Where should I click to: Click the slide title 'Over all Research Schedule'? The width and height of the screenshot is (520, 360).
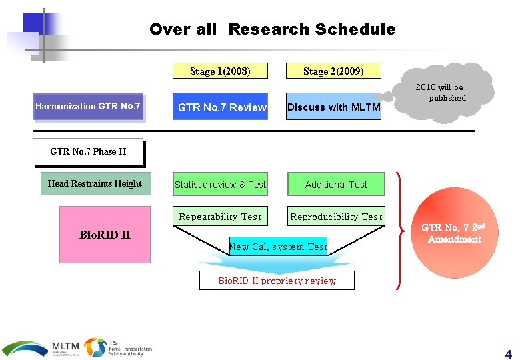click(x=272, y=29)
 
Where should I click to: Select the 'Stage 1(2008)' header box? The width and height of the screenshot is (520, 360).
click(x=220, y=71)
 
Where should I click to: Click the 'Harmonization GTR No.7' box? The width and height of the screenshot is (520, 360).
click(x=89, y=107)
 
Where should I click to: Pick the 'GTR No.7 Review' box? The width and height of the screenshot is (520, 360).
click(x=221, y=107)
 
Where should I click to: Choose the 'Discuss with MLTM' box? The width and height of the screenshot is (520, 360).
click(x=333, y=107)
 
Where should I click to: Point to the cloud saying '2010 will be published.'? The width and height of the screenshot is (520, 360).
click(x=441, y=92)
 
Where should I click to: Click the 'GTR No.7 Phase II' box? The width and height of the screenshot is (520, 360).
click(x=88, y=151)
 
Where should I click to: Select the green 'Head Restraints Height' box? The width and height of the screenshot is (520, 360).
click(x=95, y=183)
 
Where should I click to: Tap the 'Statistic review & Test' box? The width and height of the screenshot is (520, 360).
click(x=220, y=185)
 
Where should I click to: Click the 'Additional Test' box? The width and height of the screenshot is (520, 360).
click(x=336, y=185)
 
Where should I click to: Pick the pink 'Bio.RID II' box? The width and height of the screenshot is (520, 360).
click(x=105, y=234)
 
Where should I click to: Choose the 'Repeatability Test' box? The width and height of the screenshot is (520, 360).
click(x=220, y=217)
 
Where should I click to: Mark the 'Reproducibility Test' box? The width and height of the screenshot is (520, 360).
click(x=336, y=217)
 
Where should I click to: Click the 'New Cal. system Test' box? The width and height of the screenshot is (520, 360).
click(x=278, y=247)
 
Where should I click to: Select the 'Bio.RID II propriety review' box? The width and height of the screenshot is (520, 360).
click(x=277, y=281)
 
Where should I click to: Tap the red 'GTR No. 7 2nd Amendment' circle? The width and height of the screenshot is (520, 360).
click(x=455, y=233)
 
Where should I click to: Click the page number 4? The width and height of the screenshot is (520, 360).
click(x=508, y=354)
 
